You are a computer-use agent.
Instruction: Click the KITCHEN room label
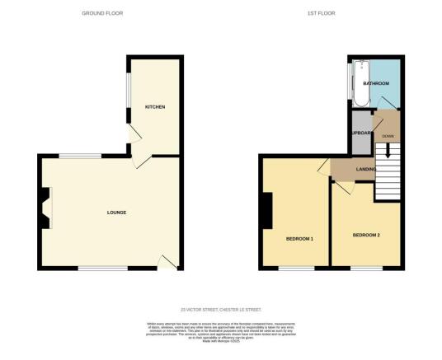(153, 107)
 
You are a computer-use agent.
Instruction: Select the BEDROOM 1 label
(299, 239)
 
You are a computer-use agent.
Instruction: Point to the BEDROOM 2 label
(366, 236)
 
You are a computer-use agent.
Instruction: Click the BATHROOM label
(375, 83)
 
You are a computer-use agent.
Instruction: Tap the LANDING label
(366, 170)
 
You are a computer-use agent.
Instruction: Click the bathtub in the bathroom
(360, 86)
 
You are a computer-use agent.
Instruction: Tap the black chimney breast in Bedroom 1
(266, 213)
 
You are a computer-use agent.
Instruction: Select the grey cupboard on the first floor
(360, 135)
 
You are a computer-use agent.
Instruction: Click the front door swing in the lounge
(167, 262)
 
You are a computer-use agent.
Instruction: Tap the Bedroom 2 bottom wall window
(365, 269)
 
